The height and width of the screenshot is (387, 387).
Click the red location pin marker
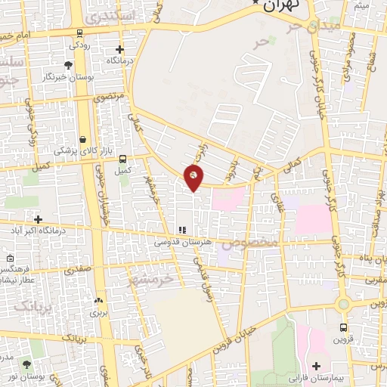point(194,177)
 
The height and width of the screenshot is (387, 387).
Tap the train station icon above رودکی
point(79,33)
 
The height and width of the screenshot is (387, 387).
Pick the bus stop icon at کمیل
point(123,159)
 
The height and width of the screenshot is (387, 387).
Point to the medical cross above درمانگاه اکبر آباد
point(38,218)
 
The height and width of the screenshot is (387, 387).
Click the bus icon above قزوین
point(344,328)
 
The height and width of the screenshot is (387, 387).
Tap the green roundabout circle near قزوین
point(345,304)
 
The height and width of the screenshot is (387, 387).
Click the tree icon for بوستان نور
point(27,364)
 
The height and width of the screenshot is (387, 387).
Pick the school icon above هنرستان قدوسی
point(181,230)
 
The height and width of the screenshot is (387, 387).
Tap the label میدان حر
point(309,26)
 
